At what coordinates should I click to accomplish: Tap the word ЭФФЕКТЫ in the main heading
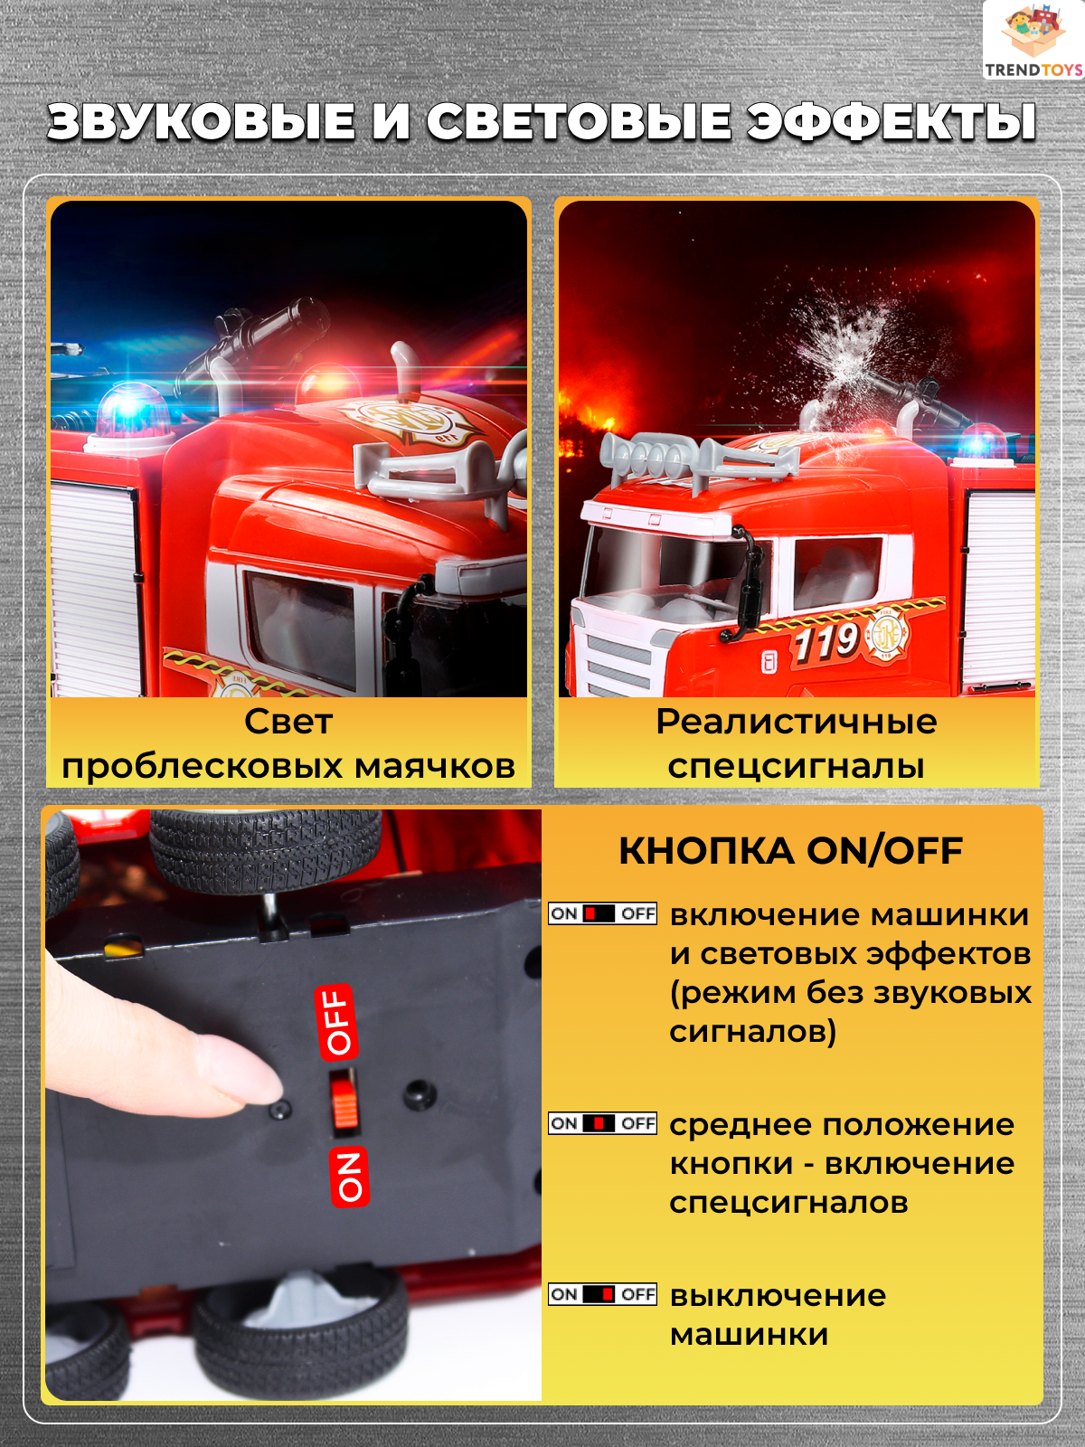pyautogui.click(x=891, y=123)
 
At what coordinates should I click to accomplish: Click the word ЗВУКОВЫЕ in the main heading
pyautogui.click(x=201, y=123)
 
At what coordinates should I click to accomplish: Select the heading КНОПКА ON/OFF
pyautogui.click(x=791, y=850)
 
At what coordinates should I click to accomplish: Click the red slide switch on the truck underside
pyautogui.click(x=344, y=1102)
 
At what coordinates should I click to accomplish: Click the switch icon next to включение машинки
pyautogui.click(x=603, y=913)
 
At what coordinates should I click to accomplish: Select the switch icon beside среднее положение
pyautogui.click(x=603, y=1122)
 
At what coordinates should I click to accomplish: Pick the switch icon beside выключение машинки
pyautogui.click(x=603, y=1294)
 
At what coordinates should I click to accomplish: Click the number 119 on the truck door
pyautogui.click(x=826, y=641)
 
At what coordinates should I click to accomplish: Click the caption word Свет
pyautogui.click(x=288, y=722)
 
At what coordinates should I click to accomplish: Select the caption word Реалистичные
pyautogui.click(x=796, y=723)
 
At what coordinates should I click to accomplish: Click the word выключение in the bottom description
pyautogui.click(x=778, y=1296)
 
